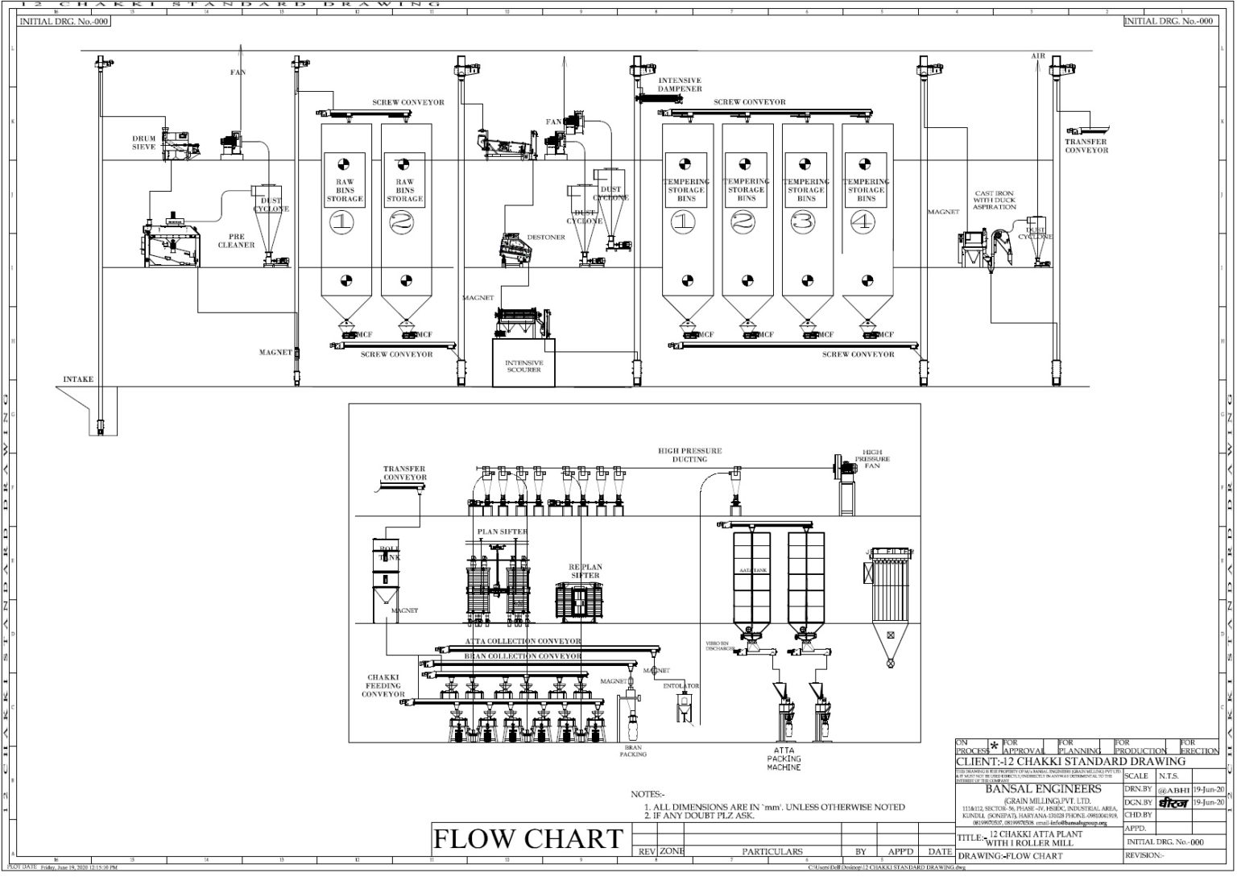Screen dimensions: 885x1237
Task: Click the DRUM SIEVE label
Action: click(x=144, y=143)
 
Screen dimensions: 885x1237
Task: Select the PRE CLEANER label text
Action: click(x=236, y=241)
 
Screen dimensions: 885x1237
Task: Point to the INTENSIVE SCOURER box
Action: click(x=523, y=366)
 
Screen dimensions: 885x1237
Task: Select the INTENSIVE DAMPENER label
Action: click(x=680, y=85)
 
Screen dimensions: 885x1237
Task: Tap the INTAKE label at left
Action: click(x=79, y=379)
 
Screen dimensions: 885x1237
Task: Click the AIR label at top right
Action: click(x=1038, y=56)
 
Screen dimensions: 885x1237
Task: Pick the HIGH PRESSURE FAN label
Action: click(x=872, y=459)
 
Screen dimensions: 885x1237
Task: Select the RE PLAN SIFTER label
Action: click(x=585, y=571)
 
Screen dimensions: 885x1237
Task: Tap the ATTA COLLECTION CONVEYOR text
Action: click(x=522, y=642)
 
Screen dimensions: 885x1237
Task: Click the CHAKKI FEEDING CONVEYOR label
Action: click(x=383, y=686)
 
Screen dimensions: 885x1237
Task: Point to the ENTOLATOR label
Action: click(x=681, y=686)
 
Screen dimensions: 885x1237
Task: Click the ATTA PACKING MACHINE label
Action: click(x=783, y=759)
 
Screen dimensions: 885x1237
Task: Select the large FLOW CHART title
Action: click(x=527, y=838)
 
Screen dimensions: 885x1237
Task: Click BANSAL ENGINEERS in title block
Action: click(x=1043, y=788)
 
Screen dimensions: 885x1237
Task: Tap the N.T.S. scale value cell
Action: click(x=1169, y=776)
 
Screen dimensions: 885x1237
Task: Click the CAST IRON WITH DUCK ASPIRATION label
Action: click(x=995, y=201)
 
